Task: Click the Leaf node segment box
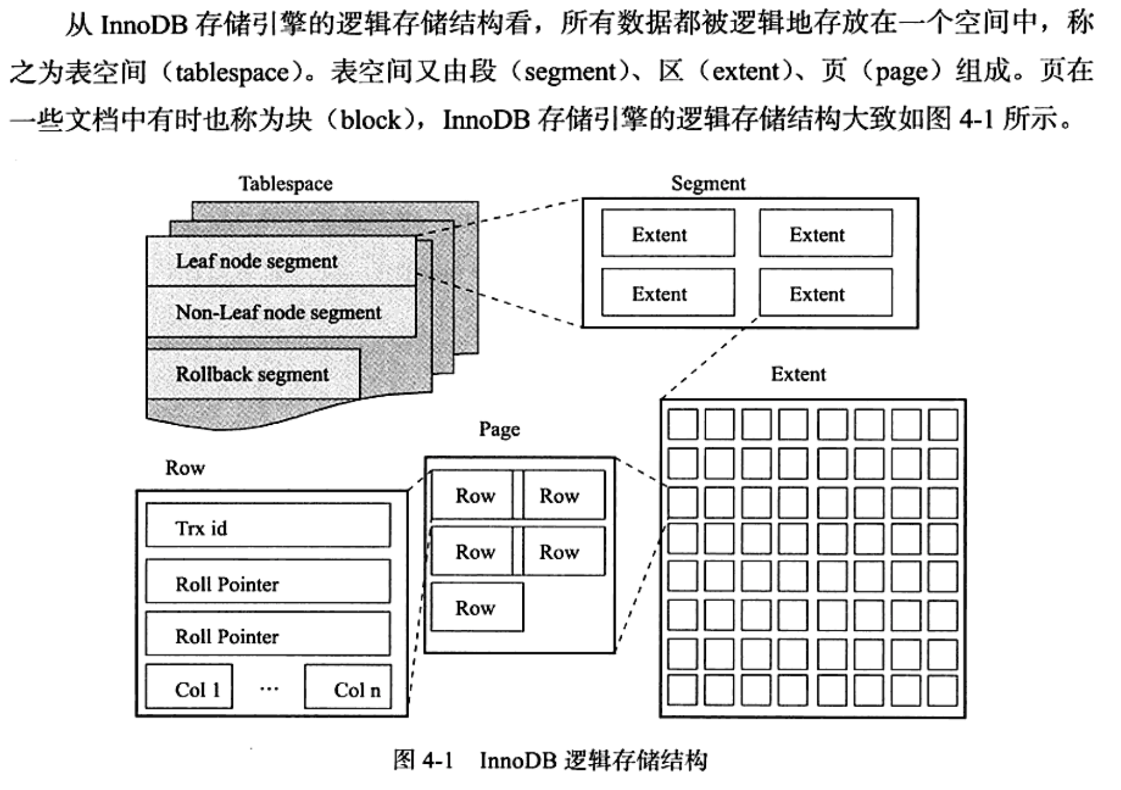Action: [281, 261]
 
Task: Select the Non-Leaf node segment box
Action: [281, 312]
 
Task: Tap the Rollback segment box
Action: [253, 374]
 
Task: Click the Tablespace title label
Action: [286, 183]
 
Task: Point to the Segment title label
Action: [708, 183]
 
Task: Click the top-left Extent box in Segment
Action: [668, 234]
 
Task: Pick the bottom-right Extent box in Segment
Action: [826, 293]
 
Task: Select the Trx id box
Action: [268, 527]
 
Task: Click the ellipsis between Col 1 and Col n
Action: [269, 689]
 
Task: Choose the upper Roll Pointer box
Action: [268, 582]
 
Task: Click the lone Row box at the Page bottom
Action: [477, 608]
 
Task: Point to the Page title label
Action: [499, 429]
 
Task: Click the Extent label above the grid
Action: [798, 374]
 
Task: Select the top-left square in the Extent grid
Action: [682, 424]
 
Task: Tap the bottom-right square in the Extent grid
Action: [943, 691]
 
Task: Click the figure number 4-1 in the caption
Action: [438, 761]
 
